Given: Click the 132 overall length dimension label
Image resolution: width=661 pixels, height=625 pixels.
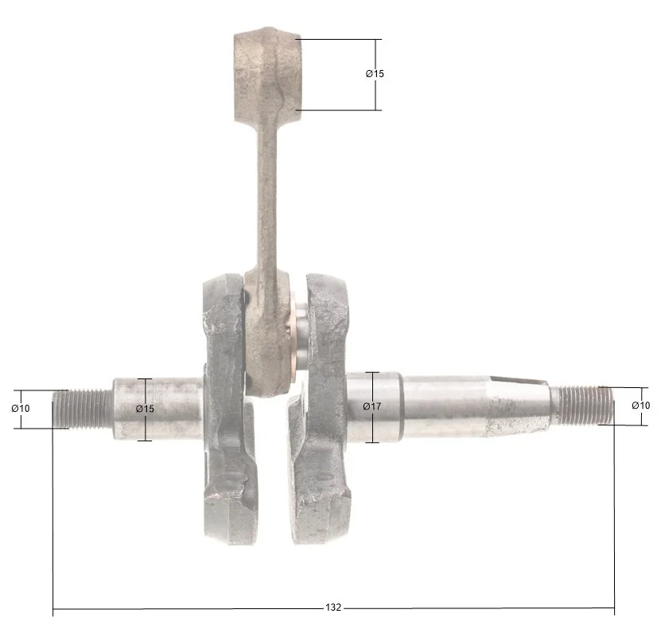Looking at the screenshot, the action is pos(333,608).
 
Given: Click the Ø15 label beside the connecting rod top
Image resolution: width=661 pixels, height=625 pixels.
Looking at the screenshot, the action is pos(375,74).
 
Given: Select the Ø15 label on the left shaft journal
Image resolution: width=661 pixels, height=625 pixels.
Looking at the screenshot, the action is pos(146,409).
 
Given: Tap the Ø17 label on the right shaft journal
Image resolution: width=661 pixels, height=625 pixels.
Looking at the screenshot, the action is pos(372,406).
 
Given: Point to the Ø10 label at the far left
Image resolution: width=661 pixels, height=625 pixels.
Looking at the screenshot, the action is pos(21,409).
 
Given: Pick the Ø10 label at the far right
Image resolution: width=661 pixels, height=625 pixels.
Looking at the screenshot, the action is pos(641,406).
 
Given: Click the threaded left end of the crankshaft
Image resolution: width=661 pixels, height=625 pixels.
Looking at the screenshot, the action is pos(83,409).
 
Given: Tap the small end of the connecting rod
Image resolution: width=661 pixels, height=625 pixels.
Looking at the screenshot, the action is pos(268,76).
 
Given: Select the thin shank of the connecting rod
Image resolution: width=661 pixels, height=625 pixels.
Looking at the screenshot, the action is pos(267,198).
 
